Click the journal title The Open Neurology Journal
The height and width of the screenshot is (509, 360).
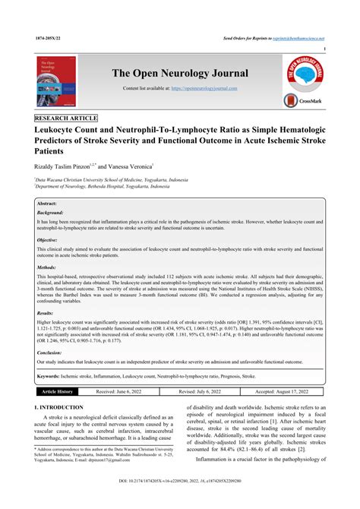coord(180,73)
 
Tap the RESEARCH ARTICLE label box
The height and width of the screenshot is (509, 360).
coord(66,119)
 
